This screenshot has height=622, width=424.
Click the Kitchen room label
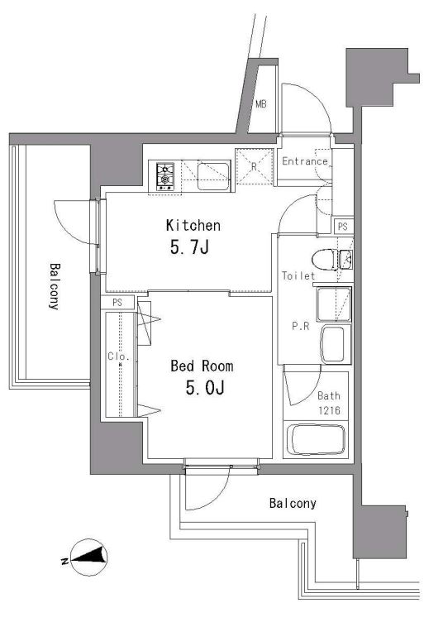pos(193,225)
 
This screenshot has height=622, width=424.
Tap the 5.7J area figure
pos(189,248)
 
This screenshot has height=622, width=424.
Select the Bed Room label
pos(202,366)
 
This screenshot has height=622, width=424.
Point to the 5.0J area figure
pos(205,388)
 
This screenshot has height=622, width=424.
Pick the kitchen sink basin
pos(213,176)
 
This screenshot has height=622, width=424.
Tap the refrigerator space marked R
pos(255,166)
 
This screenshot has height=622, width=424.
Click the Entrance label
pos(305,161)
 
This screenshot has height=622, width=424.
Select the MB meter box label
pos(260,105)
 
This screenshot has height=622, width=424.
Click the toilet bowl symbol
pos(325,260)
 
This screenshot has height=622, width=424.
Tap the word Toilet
pos(298,275)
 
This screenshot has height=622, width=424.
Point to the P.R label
pos(300,327)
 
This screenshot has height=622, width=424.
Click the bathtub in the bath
pos(316,439)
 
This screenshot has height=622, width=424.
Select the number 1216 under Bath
pos(329,410)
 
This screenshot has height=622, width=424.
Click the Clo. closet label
pos(118,356)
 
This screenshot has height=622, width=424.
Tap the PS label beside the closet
pos(117,303)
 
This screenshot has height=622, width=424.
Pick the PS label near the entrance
pos(343,227)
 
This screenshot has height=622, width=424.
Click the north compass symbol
pos(88,557)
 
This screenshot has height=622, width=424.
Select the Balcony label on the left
pos(55,285)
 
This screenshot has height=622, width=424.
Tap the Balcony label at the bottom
pos(293,504)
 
